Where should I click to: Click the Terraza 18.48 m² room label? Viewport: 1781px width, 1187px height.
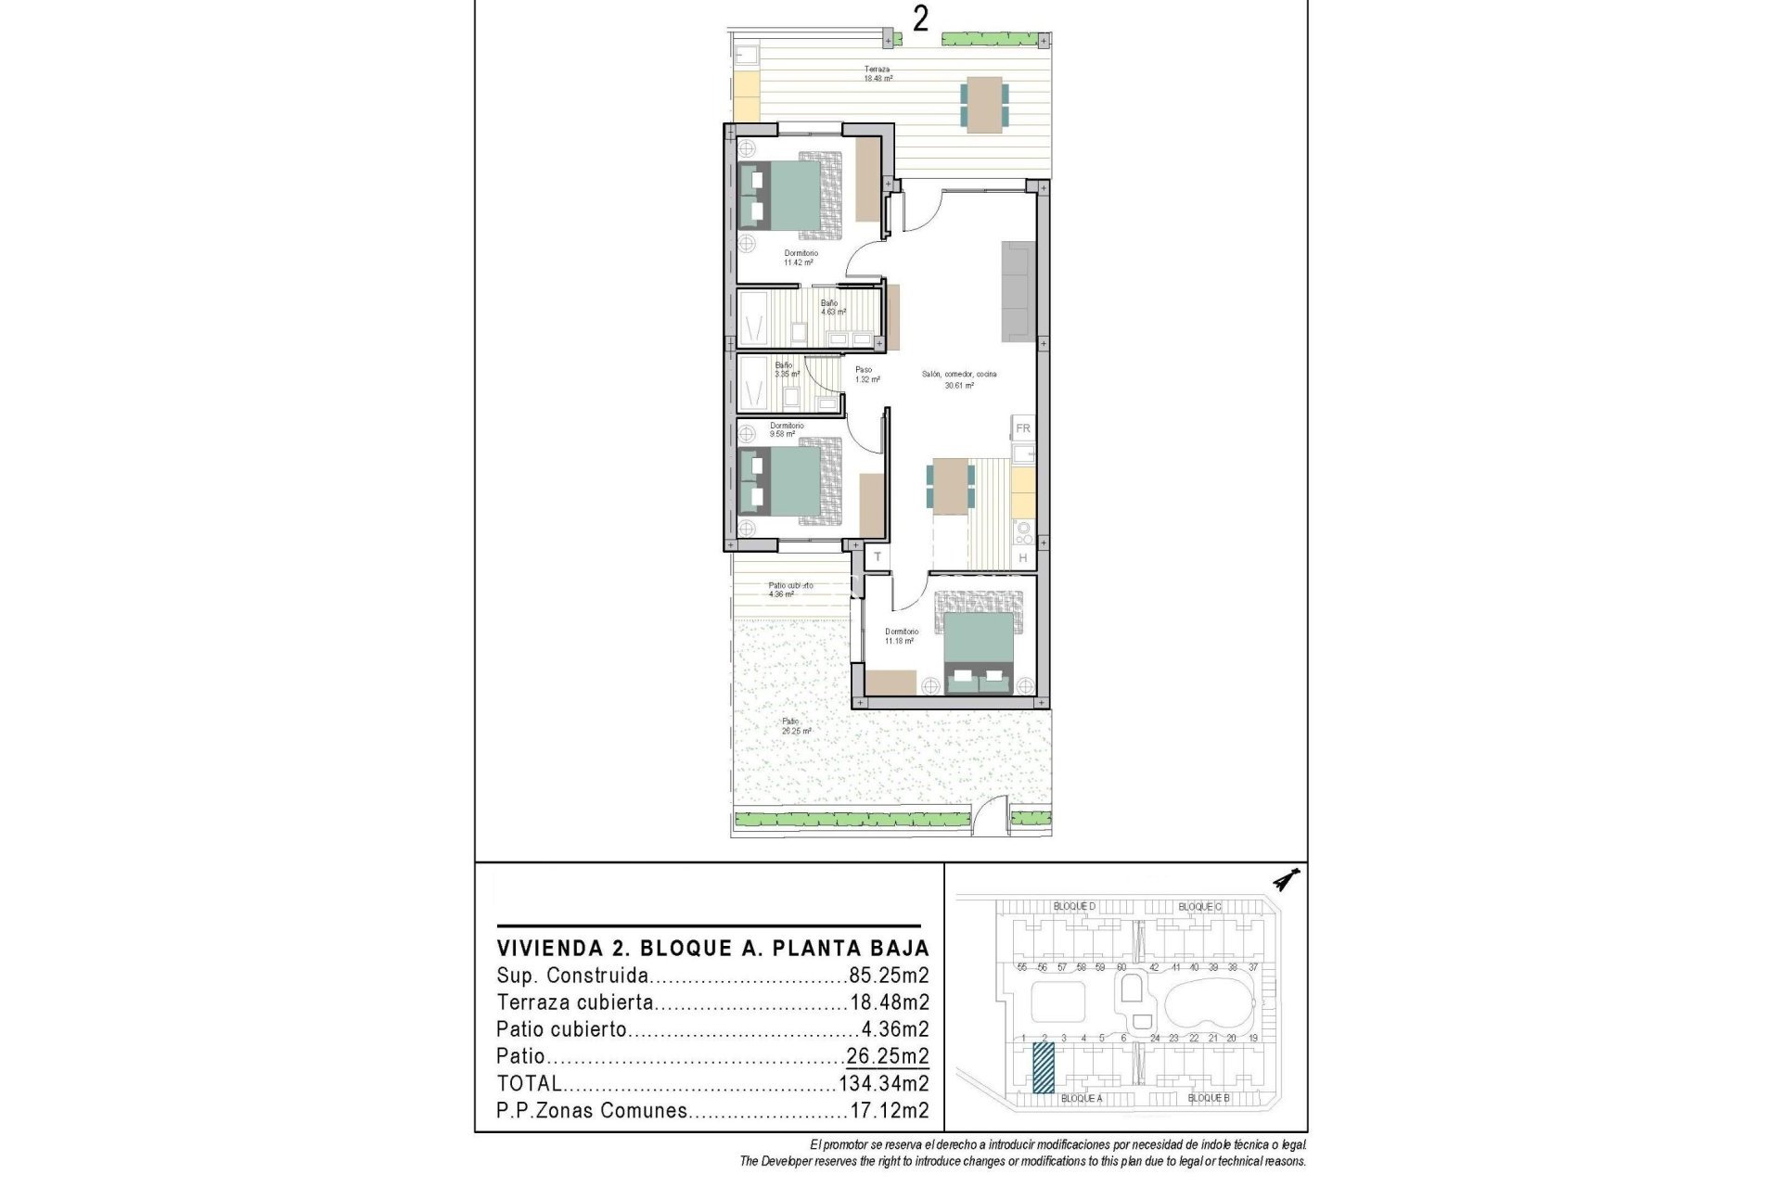point(878,74)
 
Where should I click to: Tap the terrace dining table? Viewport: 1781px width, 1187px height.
point(984,102)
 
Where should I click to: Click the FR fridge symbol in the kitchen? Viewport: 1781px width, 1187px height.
point(1023,428)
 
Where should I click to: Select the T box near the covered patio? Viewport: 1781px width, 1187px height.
point(877,557)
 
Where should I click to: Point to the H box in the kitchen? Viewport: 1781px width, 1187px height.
point(1023,557)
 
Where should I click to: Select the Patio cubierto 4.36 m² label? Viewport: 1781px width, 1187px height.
point(789,590)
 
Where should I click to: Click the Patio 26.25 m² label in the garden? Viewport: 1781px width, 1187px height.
point(795,726)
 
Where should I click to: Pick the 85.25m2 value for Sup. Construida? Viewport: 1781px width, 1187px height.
point(889,976)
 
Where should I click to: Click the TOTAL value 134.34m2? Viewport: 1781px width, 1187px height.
point(883,1083)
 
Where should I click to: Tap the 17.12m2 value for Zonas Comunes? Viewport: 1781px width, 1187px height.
point(889,1110)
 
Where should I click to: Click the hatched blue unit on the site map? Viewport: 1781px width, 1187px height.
point(1044,1067)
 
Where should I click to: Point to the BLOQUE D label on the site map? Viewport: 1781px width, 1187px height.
point(1074,906)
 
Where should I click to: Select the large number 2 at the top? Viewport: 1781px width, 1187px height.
point(920,19)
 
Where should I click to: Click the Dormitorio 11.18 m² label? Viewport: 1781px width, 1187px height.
point(901,636)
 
